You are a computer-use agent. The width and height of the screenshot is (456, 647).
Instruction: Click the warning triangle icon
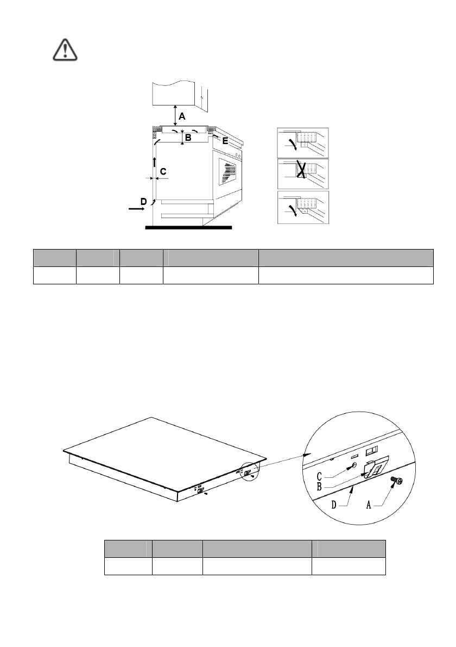tap(65, 49)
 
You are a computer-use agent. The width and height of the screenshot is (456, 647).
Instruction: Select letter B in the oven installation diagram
tap(188, 138)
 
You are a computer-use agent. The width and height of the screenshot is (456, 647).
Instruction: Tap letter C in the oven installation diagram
tap(163, 172)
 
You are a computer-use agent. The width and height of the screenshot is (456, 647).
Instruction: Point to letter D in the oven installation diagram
tap(143, 201)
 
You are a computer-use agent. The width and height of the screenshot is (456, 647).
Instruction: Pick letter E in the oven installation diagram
tap(225, 140)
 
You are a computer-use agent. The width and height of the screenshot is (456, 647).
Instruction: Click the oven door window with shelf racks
tap(227, 173)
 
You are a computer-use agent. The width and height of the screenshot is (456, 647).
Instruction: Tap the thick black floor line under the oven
tap(189, 227)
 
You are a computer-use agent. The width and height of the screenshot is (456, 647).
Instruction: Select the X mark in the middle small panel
tap(300, 171)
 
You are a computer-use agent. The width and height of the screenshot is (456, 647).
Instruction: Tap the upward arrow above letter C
tap(155, 161)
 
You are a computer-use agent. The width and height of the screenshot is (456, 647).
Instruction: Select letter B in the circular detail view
tap(321, 487)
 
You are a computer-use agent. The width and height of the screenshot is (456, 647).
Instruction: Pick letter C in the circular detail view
tap(321, 476)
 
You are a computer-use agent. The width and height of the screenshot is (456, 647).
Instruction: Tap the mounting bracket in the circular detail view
tap(373, 467)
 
